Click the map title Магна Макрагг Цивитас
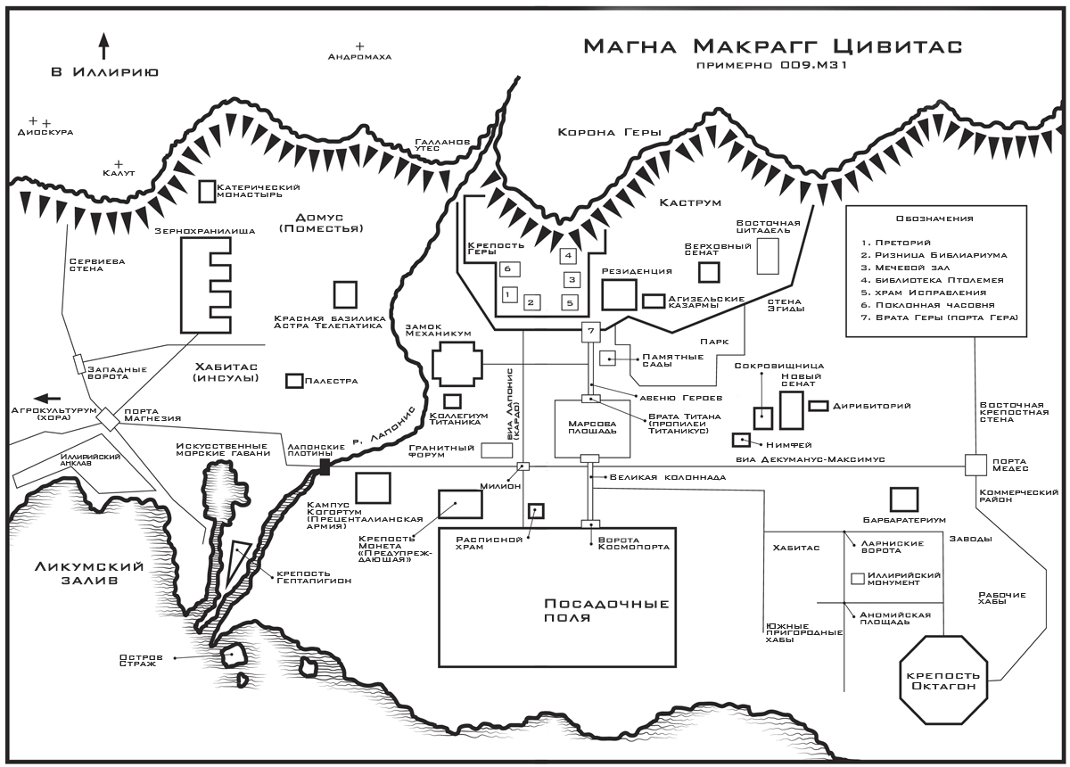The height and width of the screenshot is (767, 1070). tap(773, 45)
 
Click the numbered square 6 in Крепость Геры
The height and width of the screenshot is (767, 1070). tap(506, 268)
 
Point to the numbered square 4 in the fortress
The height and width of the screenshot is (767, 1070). tap(568, 256)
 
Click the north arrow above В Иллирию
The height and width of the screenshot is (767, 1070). tap(103, 45)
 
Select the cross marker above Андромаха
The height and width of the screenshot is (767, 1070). tap(360, 45)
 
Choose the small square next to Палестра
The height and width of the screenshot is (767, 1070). tap(292, 381)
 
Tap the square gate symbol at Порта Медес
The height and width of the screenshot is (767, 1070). tap(976, 465)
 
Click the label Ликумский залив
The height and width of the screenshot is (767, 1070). tap(77, 573)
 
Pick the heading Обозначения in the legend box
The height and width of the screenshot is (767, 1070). tap(934, 219)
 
